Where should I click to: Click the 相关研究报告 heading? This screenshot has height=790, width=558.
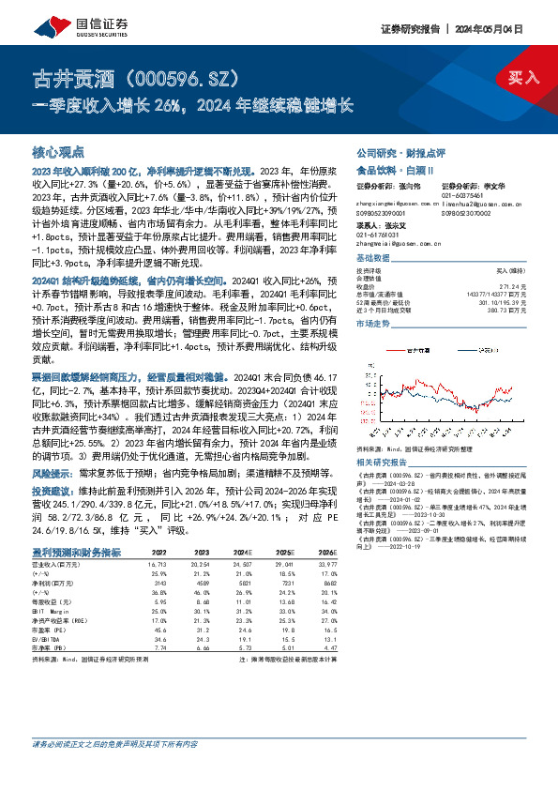385,462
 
